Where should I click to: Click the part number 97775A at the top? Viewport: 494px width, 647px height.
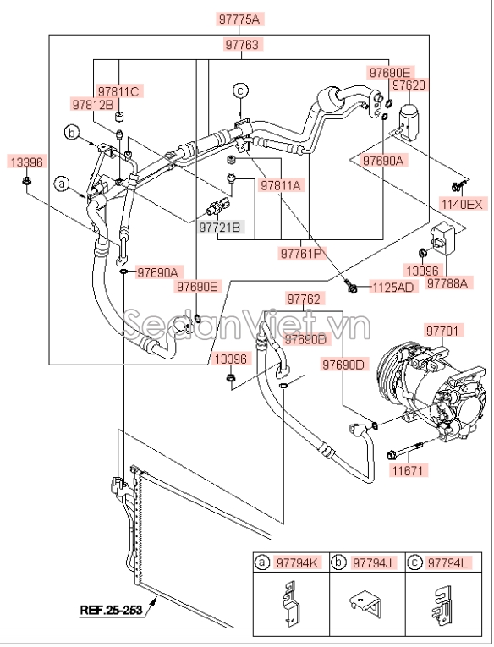[239, 19]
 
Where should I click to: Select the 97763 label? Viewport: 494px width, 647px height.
[242, 45]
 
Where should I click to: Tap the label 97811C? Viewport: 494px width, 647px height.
[119, 90]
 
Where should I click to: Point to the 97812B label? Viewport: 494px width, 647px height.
[93, 104]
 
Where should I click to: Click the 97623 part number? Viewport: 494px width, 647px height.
[409, 85]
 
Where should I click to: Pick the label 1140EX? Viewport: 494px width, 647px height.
[462, 204]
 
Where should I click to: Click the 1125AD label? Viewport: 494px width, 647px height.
[392, 288]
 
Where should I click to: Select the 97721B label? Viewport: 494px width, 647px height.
[220, 227]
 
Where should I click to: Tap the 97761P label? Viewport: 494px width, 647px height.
[301, 254]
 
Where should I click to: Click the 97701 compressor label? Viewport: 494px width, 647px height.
[442, 331]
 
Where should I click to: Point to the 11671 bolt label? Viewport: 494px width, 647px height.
[409, 470]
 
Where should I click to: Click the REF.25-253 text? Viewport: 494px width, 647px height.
[111, 610]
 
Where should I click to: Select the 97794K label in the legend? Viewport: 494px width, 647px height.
[297, 562]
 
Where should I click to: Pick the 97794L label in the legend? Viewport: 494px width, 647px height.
[448, 562]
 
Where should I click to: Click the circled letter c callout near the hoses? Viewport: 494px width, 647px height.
[240, 90]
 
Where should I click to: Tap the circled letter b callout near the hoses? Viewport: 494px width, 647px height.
[72, 134]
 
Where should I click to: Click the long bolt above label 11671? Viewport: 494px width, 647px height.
[404, 450]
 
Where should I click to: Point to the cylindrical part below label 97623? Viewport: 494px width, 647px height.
[409, 118]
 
